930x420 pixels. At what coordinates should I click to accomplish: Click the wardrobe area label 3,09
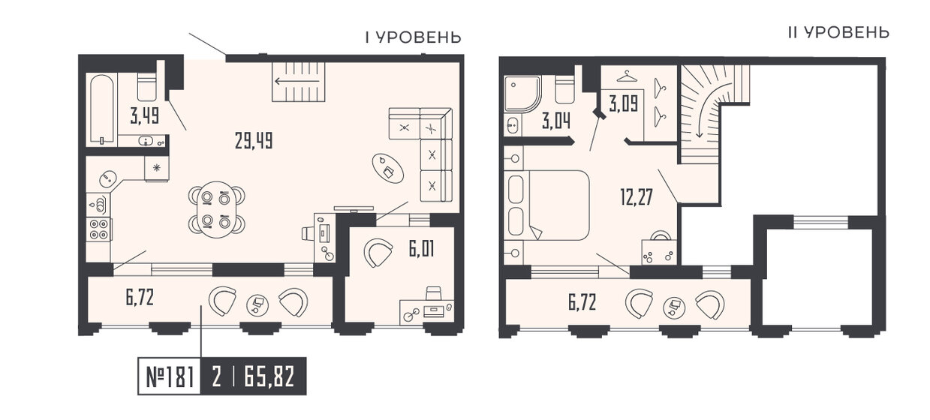click(625, 103)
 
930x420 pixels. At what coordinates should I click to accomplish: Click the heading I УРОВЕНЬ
click(412, 37)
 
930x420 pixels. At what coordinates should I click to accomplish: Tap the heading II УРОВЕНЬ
click(838, 32)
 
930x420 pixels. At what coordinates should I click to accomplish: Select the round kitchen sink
click(108, 178)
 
